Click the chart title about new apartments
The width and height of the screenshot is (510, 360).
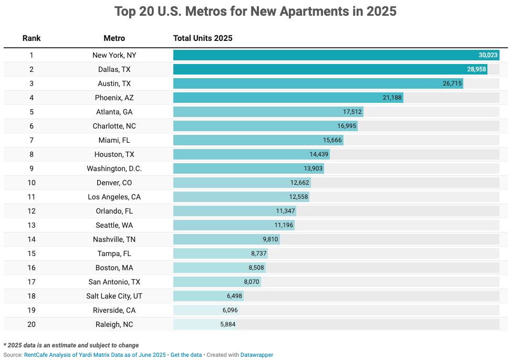[255, 12]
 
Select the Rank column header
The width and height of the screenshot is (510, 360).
[32, 38]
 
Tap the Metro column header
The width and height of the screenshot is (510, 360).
[114, 38]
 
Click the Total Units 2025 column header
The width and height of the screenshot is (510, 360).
[203, 38]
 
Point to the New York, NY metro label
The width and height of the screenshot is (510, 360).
[114, 55]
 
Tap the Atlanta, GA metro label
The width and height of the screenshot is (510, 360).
[114, 112]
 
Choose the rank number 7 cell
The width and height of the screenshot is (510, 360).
[32, 140]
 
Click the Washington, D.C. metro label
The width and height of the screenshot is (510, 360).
[114, 168]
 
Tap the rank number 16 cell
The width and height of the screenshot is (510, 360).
[32, 268]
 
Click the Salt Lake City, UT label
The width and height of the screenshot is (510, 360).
[114, 296]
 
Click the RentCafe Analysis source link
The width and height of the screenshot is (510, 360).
[95, 355]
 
